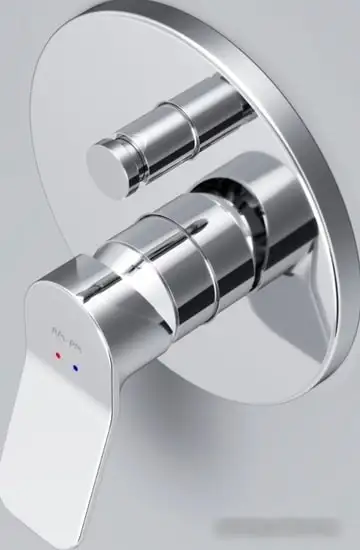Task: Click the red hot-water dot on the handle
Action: pyautogui.click(x=59, y=355)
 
